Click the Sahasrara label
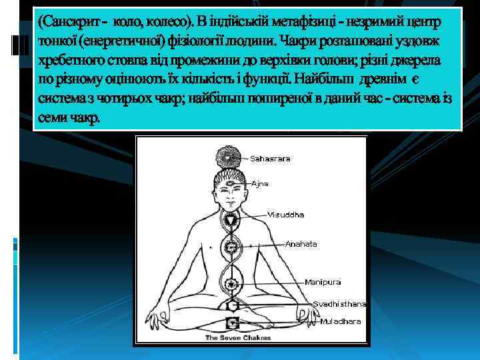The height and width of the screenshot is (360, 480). (x=270, y=159)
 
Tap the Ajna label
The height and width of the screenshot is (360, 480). (x=260, y=183)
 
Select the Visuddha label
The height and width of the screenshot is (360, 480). (x=285, y=215)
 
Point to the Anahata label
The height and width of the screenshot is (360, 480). (x=301, y=244)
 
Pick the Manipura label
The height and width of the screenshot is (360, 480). (x=323, y=282)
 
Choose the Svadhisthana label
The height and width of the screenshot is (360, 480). (x=339, y=303)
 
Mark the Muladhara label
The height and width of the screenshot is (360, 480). (x=340, y=321)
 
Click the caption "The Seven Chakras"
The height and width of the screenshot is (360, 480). (x=237, y=337)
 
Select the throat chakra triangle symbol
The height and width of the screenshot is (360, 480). (x=232, y=218)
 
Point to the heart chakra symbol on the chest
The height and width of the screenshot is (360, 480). (x=232, y=248)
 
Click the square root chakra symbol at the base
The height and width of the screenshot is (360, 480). (x=232, y=323)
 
